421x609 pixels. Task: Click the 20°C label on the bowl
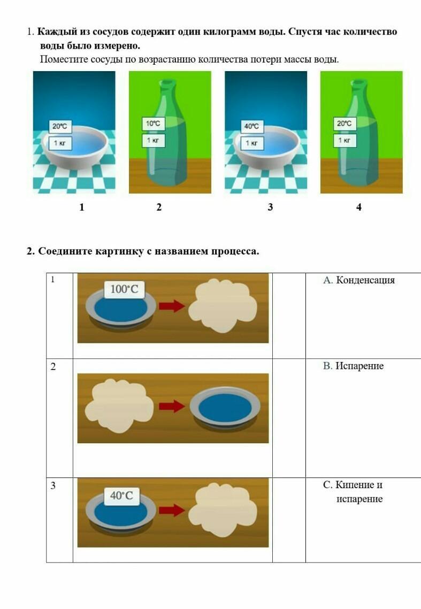tap(60, 126)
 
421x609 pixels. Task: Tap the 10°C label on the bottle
tap(153, 124)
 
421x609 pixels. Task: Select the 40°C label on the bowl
tap(251, 126)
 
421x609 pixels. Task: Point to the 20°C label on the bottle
tap(345, 124)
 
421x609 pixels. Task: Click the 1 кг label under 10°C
tap(153, 140)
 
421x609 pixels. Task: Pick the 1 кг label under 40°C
tap(251, 143)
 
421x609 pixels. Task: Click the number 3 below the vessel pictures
tap(270, 207)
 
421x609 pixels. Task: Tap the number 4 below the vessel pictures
tap(359, 207)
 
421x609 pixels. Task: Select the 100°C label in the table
tap(125, 289)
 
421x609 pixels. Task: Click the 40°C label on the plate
tap(121, 496)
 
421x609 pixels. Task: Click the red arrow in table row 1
tap(172, 306)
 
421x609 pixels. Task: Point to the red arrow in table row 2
tap(172, 406)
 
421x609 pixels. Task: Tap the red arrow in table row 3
tap(172, 510)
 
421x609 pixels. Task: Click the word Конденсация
tap(365, 280)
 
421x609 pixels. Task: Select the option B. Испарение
tap(354, 366)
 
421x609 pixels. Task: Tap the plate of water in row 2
tap(225, 408)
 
